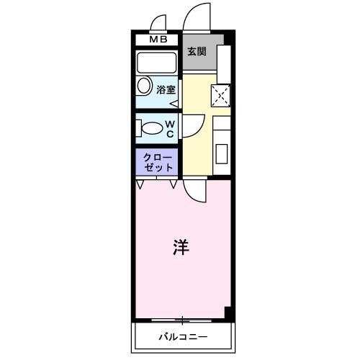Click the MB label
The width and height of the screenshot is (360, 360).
157,40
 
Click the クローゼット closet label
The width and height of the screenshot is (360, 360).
158,162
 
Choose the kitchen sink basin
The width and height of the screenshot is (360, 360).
221,153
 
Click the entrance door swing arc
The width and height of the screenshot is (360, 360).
193,18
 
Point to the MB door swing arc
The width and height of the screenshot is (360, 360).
158,22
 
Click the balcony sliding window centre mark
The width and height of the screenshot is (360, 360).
183,320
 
